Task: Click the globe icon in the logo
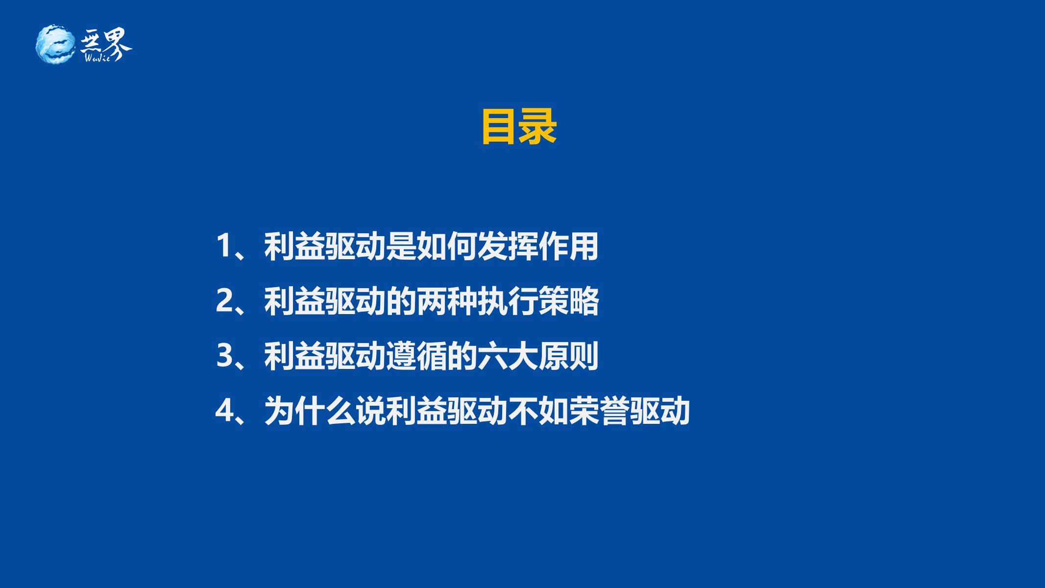pos(56,44)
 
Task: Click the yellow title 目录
pos(519,127)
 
